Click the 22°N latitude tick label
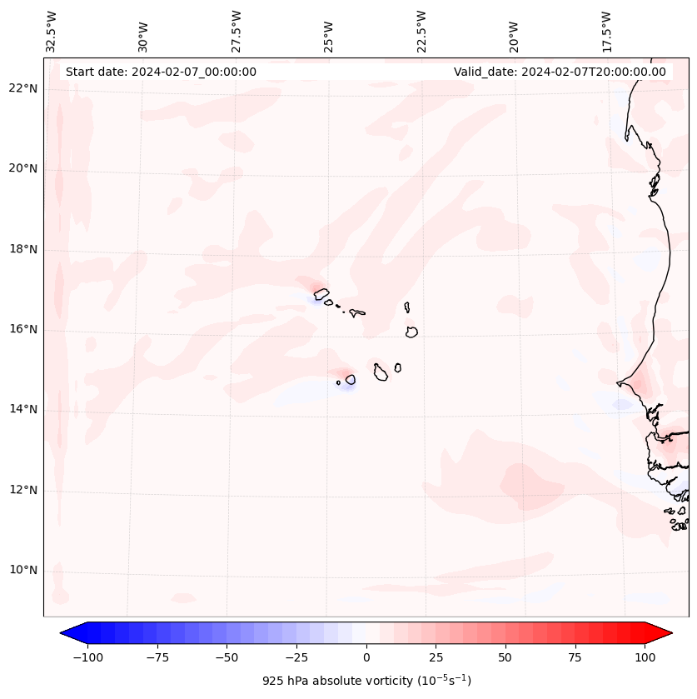[24, 88]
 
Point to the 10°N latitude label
[24, 570]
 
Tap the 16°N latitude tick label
[24, 329]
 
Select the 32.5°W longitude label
[52, 31]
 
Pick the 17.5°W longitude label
[607, 31]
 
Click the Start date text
[161, 72]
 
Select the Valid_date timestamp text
[560, 72]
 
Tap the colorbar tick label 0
[366, 657]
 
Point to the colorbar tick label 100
[645, 657]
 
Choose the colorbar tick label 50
[505, 657]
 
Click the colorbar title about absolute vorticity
[366, 681]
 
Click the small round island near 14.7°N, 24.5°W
[351, 379]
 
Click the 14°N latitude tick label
[24, 409]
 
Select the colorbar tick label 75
[575, 657]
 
